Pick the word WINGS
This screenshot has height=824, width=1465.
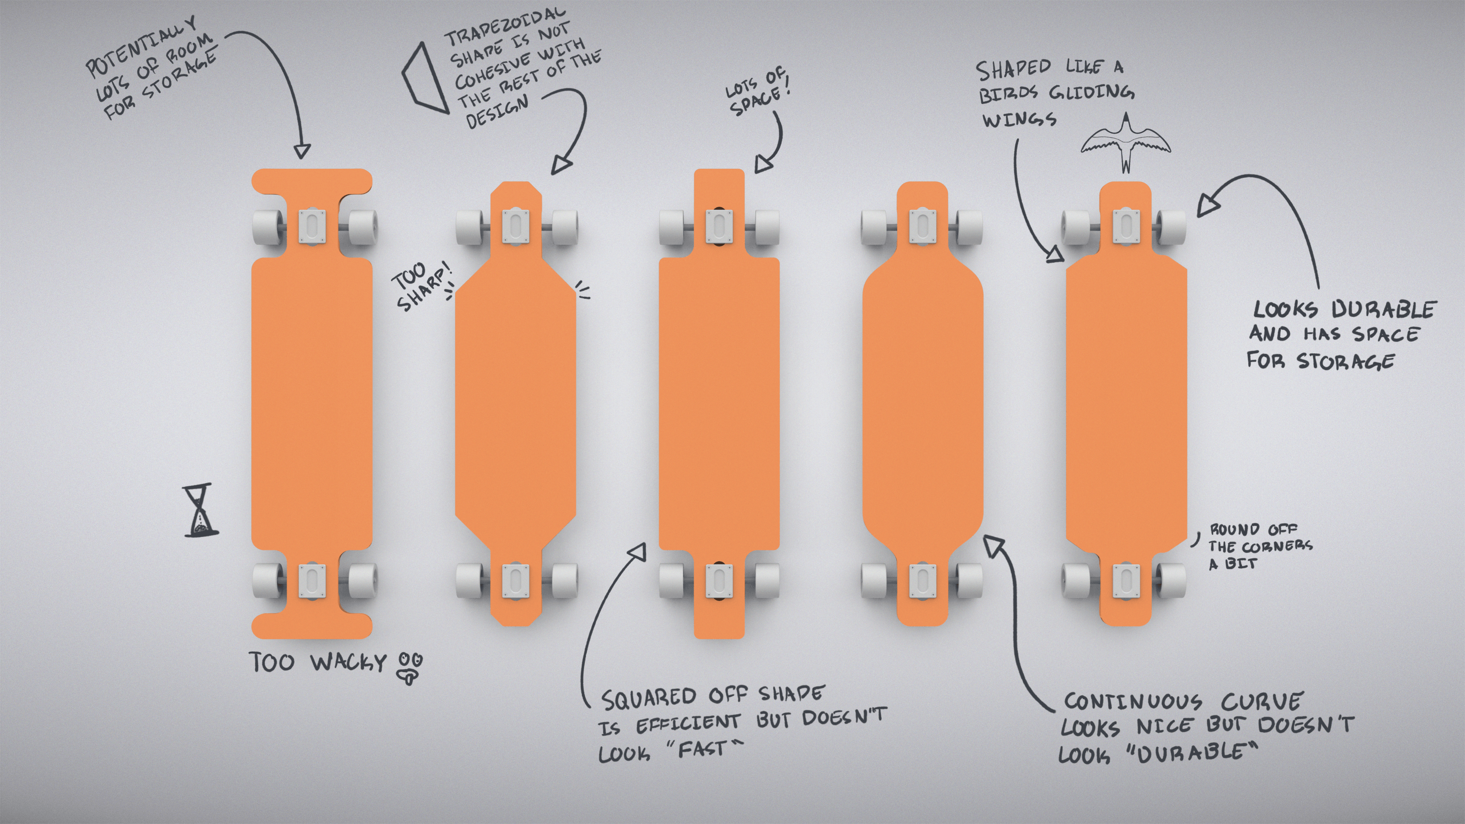(x=1019, y=120)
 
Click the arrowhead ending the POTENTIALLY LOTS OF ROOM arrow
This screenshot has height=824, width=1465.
(x=302, y=151)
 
